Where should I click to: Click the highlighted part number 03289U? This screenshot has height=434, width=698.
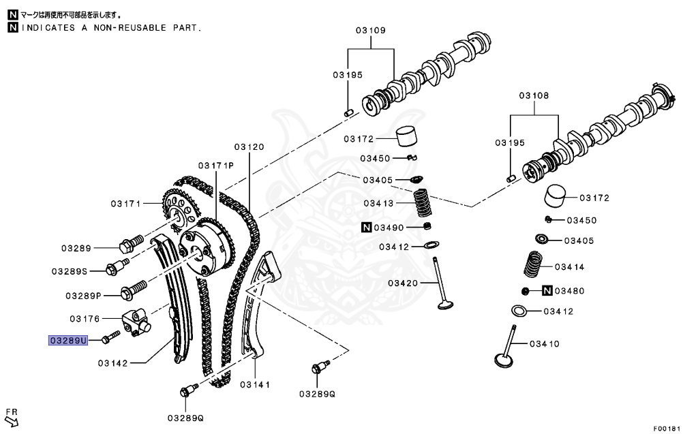point(68,339)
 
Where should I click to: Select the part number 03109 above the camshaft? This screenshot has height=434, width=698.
point(371,31)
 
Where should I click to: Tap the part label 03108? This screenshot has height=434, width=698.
point(534,96)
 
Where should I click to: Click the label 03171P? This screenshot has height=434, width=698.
point(216,166)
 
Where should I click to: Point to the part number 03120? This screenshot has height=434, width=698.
point(249,146)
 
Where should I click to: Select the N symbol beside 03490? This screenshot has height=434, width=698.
point(366,227)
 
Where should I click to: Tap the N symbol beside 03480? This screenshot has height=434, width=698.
point(547,291)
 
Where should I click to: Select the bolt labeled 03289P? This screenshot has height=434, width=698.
point(133,292)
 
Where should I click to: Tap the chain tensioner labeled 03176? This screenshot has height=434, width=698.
point(136,320)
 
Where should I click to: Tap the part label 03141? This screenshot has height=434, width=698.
point(255,385)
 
